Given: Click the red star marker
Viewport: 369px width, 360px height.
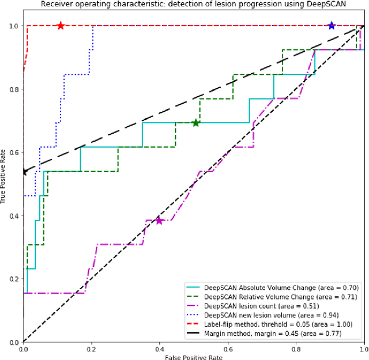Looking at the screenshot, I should point(61,26).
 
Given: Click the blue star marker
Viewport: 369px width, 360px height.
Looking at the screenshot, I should point(332,26).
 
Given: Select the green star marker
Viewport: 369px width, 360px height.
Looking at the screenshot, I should point(196,123).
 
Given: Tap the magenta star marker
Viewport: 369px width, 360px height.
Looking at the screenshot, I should point(160,221).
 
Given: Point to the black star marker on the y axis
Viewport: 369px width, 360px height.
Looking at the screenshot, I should point(24,172).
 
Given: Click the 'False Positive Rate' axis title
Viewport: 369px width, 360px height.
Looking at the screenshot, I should point(194,357).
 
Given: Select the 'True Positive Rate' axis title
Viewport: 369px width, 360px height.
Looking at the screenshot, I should point(4,184).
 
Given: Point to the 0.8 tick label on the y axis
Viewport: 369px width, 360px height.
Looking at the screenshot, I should point(13,89).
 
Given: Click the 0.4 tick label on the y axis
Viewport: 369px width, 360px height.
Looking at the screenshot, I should point(13,216).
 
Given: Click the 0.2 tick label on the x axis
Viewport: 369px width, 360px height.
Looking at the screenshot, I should point(92,349).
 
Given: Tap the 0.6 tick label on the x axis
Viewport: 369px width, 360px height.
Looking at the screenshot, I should point(228,349).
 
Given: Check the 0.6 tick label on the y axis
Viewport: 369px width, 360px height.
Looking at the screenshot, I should point(13,153).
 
